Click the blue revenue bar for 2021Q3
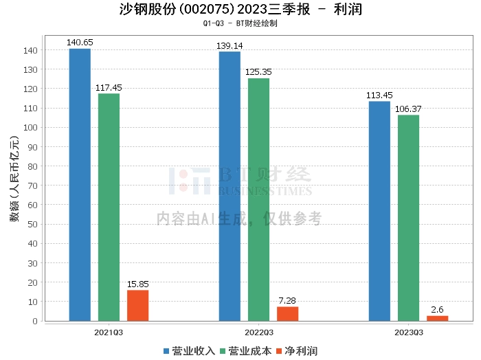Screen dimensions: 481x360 click(x=80, y=185)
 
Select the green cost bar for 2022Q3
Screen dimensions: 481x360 click(x=258, y=200)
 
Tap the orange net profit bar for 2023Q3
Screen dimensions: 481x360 click(x=437, y=318)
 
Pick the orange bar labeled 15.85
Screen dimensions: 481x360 click(x=137, y=306)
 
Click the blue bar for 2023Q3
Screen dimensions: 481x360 click(x=379, y=212)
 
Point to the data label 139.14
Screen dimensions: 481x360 click(x=230, y=46)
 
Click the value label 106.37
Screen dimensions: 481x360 click(x=408, y=109)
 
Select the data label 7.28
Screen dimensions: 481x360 click(x=287, y=301)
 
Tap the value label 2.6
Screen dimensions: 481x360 click(x=437, y=310)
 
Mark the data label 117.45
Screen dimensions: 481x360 click(x=109, y=88)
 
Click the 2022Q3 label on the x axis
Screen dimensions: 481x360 click(x=259, y=333)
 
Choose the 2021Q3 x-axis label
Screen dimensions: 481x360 click(x=109, y=333)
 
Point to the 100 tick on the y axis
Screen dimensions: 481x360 click(x=30, y=128)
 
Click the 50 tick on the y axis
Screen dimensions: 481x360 click(x=32, y=225)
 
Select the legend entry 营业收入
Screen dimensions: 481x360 click(x=189, y=351)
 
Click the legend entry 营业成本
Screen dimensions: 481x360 click(x=246, y=351)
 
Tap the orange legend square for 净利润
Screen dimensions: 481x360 click(x=279, y=351)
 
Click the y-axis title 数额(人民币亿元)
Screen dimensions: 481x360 click(x=14, y=179)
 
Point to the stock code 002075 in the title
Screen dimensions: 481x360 click(x=207, y=9)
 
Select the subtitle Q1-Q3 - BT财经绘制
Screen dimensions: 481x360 click(x=240, y=23)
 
